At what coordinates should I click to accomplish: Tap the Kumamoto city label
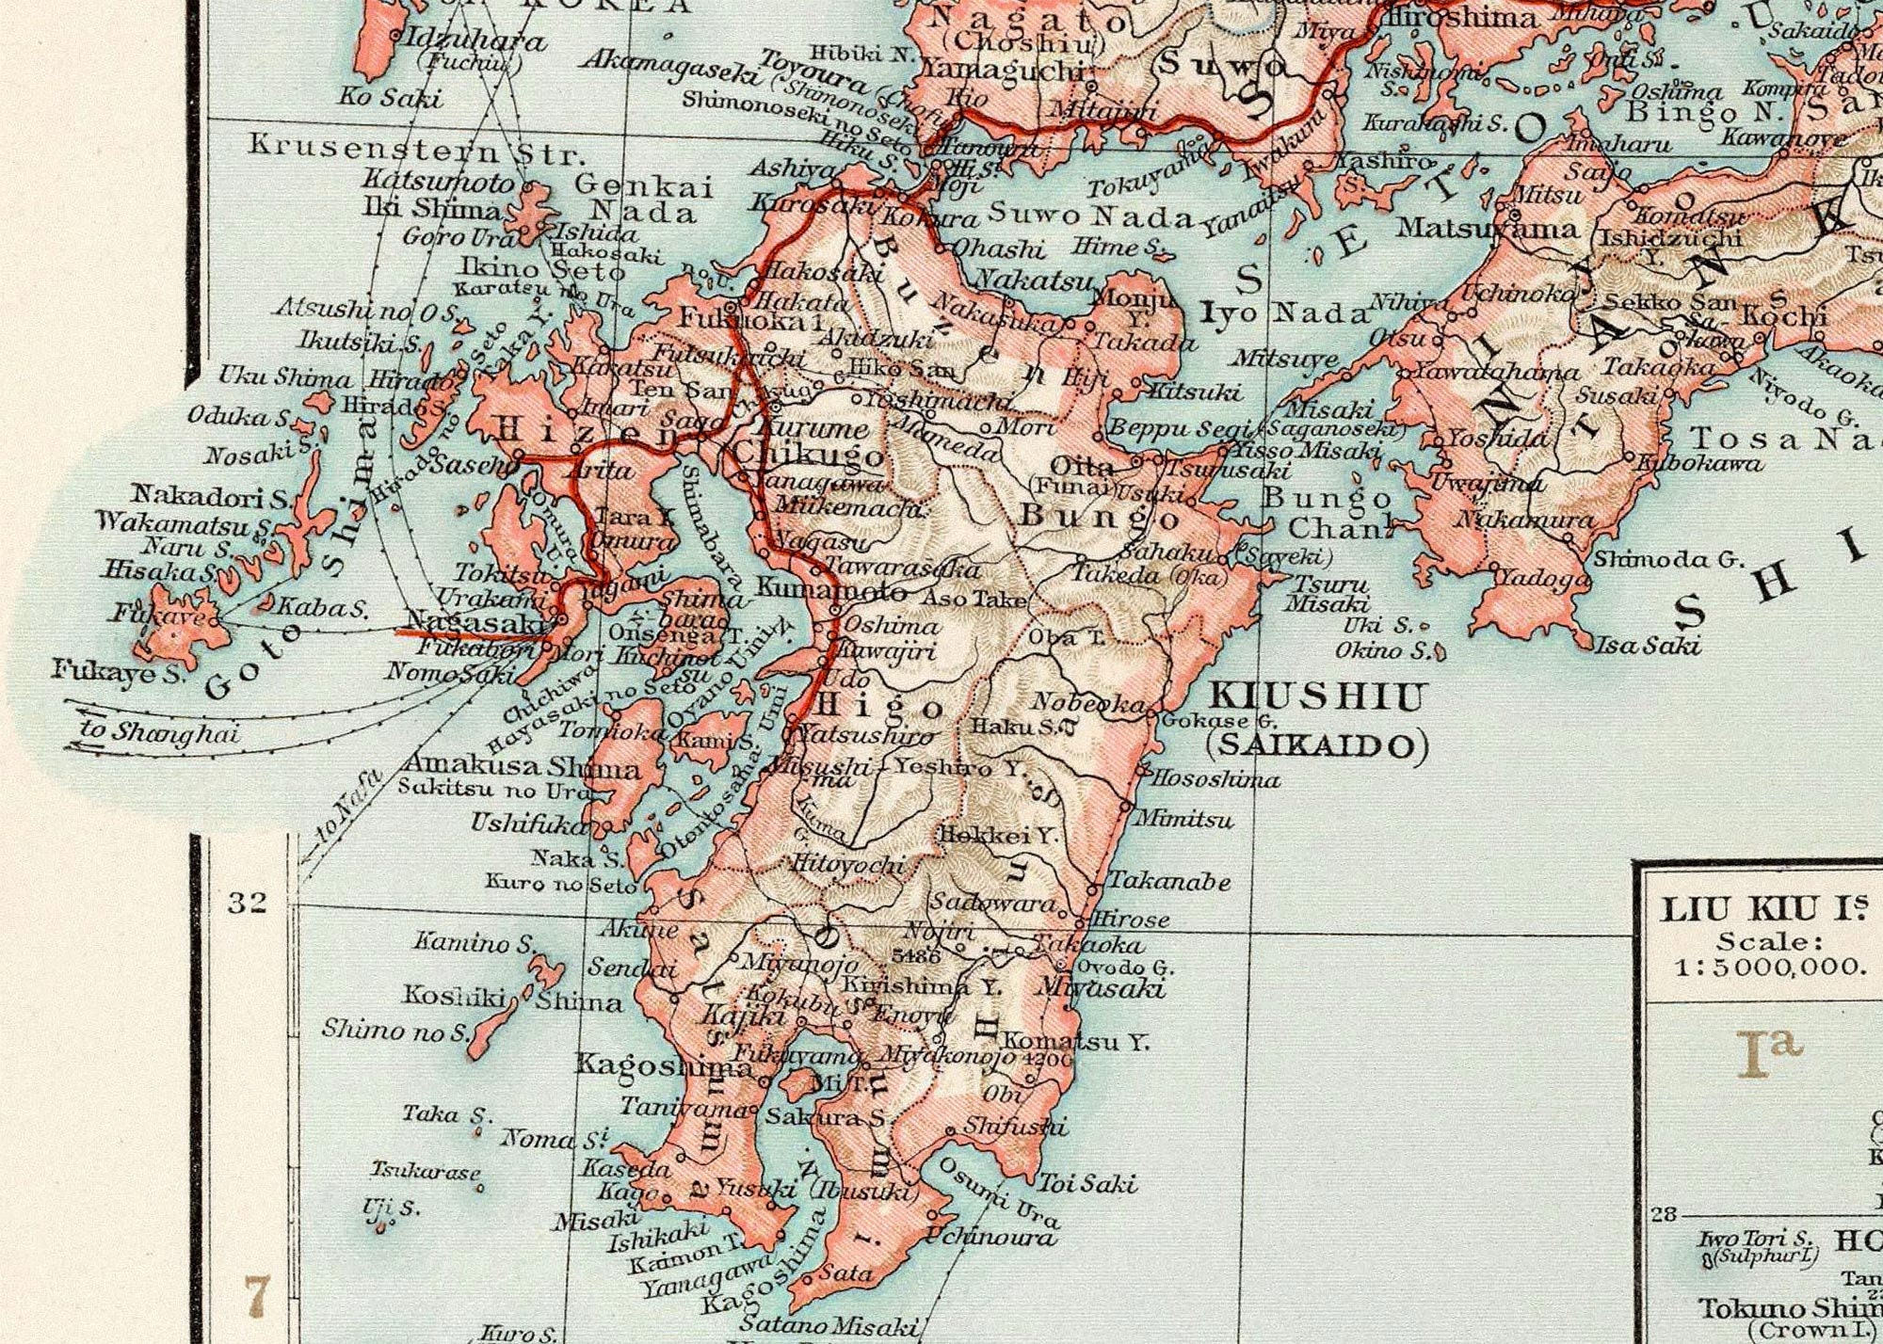click(x=831, y=590)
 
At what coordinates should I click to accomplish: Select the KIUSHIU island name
click(x=1315, y=697)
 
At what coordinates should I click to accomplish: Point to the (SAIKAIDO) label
click(x=1317, y=746)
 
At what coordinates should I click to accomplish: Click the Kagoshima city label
click(x=663, y=1065)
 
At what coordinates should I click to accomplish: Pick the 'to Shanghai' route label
click(x=159, y=731)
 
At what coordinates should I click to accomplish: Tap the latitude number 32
click(x=248, y=903)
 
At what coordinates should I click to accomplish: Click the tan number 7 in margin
click(x=257, y=1297)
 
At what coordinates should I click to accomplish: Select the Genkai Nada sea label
click(x=644, y=199)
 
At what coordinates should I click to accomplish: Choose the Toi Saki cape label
click(x=1087, y=1183)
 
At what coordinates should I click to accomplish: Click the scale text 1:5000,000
click(x=1769, y=966)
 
